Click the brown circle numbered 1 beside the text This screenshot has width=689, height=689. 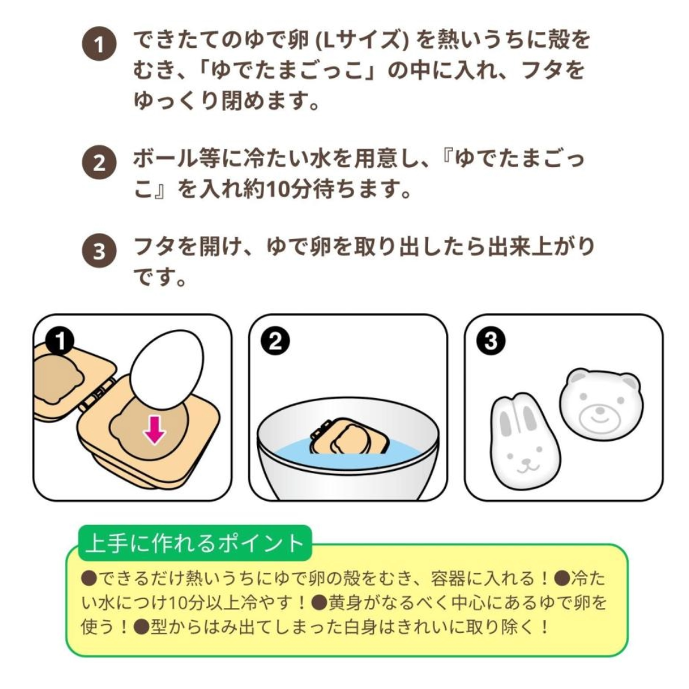point(98,46)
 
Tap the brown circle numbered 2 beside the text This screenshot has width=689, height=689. point(98,163)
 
